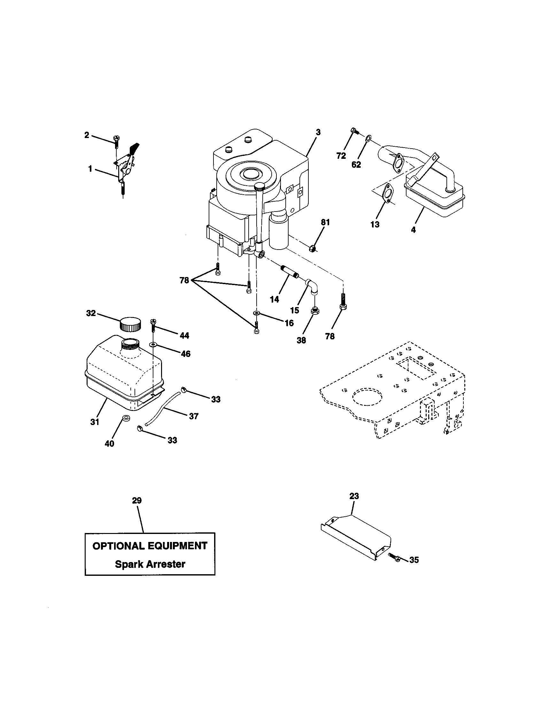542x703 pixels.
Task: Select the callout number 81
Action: click(x=325, y=222)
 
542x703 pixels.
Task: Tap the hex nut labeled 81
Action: click(x=312, y=248)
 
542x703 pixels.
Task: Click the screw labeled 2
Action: click(x=116, y=142)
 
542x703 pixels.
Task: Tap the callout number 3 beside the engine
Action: click(x=318, y=132)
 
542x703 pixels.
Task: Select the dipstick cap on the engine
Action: click(x=259, y=186)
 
